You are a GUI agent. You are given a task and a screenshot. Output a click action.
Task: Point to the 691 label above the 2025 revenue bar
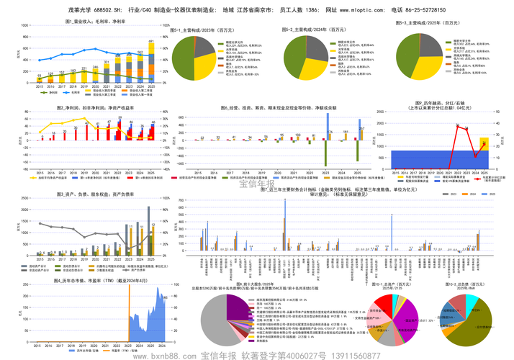(151, 42)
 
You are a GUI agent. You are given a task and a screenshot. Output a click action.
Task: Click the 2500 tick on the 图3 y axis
(24, 197)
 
